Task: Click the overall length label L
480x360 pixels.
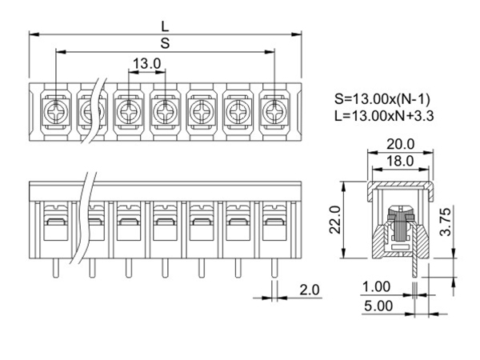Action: [x=165, y=26]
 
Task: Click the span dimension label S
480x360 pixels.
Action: [x=165, y=43]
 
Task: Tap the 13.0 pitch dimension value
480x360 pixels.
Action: [x=147, y=64]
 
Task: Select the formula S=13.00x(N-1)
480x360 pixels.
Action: [x=382, y=99]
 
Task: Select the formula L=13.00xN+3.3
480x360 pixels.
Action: [x=384, y=116]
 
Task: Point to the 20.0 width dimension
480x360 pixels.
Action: [x=401, y=144]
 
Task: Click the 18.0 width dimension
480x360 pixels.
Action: [x=400, y=161]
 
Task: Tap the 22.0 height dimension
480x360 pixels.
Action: [x=335, y=219]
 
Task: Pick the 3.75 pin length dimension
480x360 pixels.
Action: [x=446, y=222]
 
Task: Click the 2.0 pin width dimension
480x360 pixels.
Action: [x=310, y=290]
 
